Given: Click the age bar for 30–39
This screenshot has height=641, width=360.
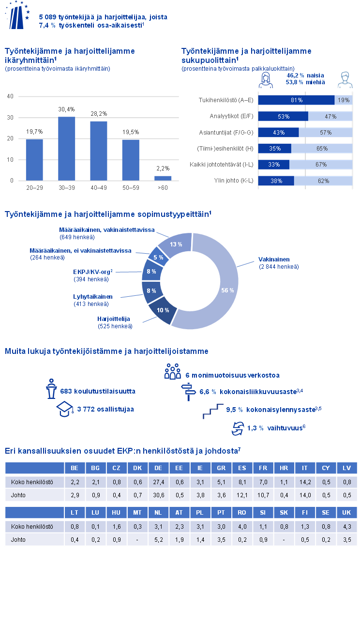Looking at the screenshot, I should (x=67, y=149).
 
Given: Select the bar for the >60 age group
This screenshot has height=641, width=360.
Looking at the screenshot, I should (x=163, y=178).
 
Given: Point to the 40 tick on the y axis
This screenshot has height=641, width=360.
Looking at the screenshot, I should (x=10, y=96).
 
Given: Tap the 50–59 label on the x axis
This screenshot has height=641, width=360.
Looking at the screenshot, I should (x=131, y=187).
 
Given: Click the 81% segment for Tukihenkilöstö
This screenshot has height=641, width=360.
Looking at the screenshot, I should (x=296, y=100).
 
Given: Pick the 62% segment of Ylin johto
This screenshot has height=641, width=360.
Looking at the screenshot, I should (x=324, y=181).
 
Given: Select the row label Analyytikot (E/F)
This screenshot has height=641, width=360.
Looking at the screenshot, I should (x=231, y=116).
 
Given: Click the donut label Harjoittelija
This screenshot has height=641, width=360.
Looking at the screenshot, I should (x=114, y=320).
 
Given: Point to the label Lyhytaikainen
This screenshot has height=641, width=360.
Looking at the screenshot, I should (x=93, y=297).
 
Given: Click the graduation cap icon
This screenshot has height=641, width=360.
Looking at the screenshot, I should (x=65, y=409).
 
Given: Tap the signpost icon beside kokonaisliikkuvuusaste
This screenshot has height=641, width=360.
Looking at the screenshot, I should (x=187, y=392).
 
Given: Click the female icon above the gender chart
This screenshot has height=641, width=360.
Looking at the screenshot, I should (x=266, y=80).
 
